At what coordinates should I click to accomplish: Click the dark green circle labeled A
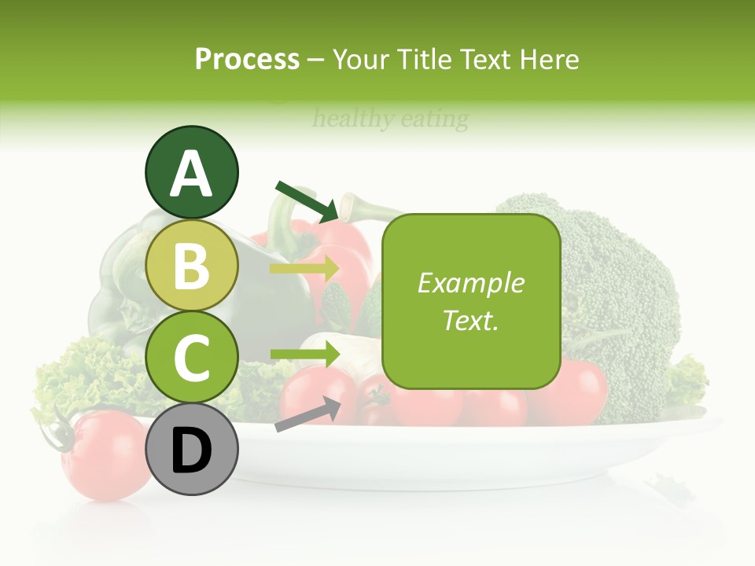(192, 173)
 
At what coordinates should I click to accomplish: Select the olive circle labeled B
(192, 266)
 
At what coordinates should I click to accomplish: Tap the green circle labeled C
(192, 357)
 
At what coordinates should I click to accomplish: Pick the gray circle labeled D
(192, 449)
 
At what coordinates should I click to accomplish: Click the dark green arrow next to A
(307, 200)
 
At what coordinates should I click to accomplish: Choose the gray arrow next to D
(307, 414)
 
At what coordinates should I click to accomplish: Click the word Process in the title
(247, 59)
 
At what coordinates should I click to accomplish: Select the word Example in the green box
(471, 283)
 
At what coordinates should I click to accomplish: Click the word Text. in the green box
(471, 321)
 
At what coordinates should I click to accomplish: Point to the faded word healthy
(353, 119)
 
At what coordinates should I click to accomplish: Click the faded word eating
(434, 119)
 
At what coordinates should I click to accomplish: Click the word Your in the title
(363, 59)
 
